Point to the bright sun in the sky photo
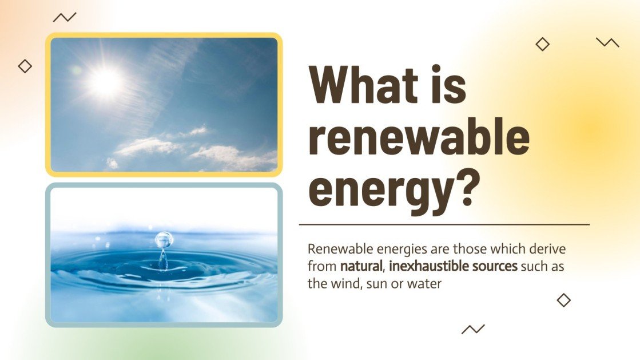point(106,81)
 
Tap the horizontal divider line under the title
point(444,225)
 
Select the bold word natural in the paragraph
point(360,266)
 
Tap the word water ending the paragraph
point(424,283)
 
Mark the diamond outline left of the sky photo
point(25,66)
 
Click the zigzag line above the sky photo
point(65,17)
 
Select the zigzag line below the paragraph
point(473,329)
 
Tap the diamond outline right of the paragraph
point(564,300)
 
